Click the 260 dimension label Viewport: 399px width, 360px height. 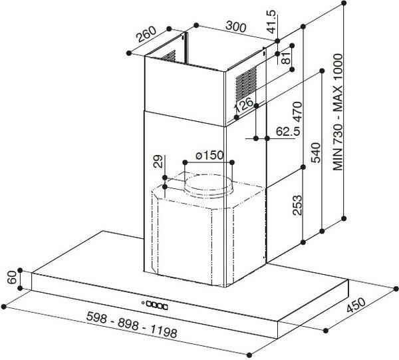(146, 34)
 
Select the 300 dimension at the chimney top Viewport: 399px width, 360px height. (236, 27)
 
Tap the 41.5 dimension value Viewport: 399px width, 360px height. (271, 21)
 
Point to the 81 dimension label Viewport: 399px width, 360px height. (286, 58)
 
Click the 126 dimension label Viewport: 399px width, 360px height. (243, 104)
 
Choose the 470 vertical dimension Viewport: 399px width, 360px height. (297, 111)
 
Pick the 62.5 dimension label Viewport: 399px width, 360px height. (287, 132)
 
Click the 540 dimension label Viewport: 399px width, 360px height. (316, 152)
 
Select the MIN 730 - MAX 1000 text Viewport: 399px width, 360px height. (338, 112)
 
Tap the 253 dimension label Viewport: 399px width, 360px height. (297, 205)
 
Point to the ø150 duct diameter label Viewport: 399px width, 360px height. (209, 155)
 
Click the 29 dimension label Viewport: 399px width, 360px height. (158, 162)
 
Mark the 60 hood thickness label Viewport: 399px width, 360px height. (12, 277)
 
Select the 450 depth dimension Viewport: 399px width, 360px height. (356, 305)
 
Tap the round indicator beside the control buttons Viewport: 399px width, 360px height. (143, 303)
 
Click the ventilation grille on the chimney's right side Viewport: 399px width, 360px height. (246, 83)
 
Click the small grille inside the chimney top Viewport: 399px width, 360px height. (168, 57)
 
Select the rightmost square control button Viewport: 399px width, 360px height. (166, 307)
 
